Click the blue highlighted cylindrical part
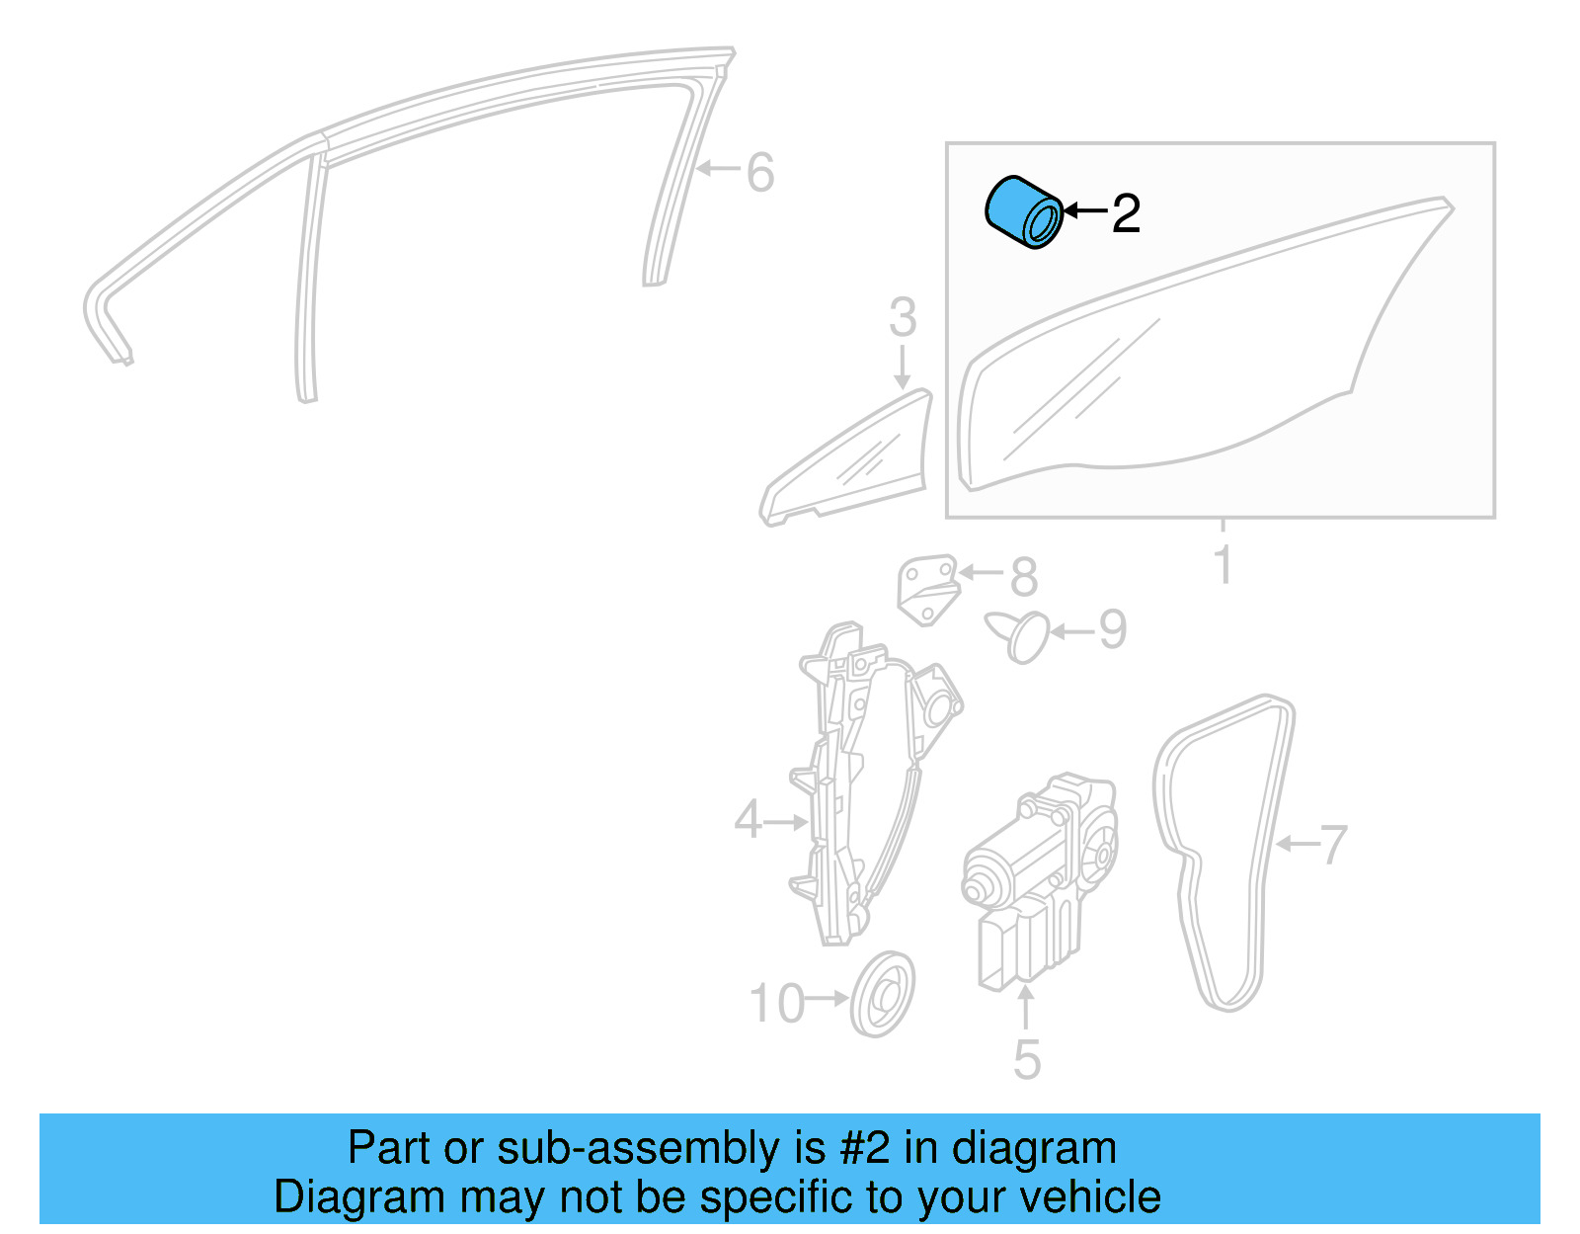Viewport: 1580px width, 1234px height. (x=1023, y=212)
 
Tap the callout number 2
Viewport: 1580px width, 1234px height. (x=1126, y=213)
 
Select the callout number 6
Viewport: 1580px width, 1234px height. (x=759, y=173)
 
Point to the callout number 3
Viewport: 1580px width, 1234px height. (x=903, y=318)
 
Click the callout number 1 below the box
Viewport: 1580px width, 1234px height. (x=1223, y=565)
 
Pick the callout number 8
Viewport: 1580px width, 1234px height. (x=1024, y=577)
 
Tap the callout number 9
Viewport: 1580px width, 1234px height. (x=1112, y=630)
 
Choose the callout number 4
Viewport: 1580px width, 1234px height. (x=748, y=820)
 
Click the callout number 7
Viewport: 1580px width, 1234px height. (x=1333, y=845)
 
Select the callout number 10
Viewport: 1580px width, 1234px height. (x=777, y=1004)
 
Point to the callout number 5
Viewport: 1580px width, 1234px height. (x=1027, y=1060)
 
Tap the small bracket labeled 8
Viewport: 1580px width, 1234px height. (x=926, y=589)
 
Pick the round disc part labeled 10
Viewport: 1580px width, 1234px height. (x=882, y=994)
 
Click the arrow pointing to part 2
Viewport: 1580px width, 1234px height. (x=1084, y=211)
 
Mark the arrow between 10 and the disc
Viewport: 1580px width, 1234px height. (x=828, y=999)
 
